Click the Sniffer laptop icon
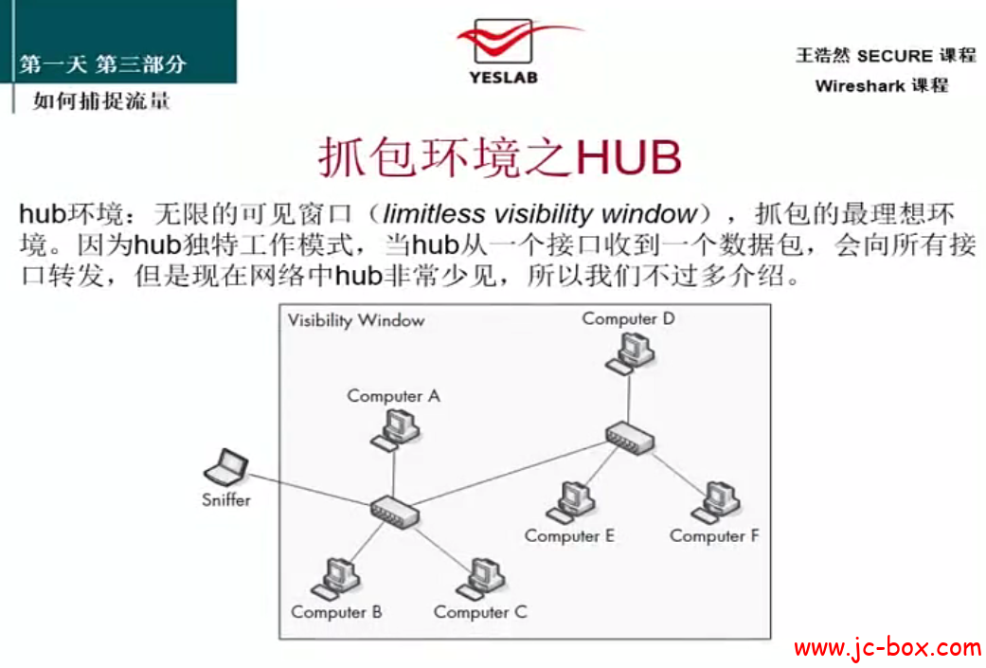click(226, 467)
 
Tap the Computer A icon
click(396, 430)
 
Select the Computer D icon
click(631, 353)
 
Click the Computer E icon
click(571, 502)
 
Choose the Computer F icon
click(716, 502)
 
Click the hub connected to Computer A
click(395, 512)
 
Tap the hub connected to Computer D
click(630, 438)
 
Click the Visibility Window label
click(356, 321)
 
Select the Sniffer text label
click(226, 500)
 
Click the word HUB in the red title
click(628, 156)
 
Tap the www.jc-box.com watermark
click(887, 647)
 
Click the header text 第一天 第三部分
click(102, 64)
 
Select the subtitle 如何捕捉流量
click(101, 100)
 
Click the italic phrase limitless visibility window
click(540, 214)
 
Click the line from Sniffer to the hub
click(310, 489)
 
